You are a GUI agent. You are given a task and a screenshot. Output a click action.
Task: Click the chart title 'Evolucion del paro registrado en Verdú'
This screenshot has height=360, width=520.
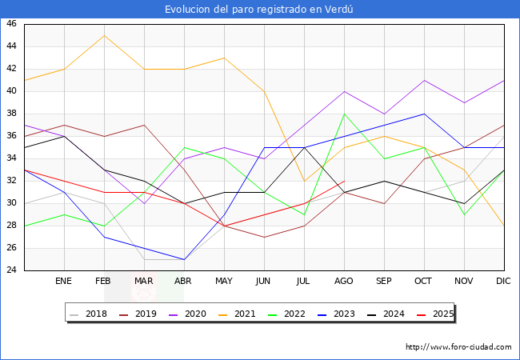[259, 10]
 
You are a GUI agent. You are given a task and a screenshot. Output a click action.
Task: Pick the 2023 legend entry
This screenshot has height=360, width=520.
[346, 314]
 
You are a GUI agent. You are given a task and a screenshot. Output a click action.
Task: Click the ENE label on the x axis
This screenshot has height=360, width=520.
[63, 282]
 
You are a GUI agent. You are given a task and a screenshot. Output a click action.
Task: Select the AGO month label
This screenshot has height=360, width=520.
[344, 282]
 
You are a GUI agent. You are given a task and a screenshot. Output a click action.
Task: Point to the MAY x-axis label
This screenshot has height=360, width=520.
[224, 282]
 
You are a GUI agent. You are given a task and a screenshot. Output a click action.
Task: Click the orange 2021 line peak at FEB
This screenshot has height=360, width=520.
[104, 35]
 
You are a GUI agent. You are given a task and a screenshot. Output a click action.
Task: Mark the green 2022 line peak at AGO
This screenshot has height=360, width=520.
[344, 114]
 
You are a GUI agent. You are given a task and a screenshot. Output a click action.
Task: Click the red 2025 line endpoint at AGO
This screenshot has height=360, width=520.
[344, 181]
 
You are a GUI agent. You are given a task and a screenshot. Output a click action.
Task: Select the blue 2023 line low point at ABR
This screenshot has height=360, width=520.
[184, 259]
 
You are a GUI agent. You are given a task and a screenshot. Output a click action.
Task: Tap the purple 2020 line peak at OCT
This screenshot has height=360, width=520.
[424, 80]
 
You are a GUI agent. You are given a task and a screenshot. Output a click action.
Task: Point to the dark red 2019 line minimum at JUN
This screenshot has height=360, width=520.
[264, 237]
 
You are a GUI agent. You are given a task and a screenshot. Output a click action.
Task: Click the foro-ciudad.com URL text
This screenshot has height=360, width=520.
[458, 347]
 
